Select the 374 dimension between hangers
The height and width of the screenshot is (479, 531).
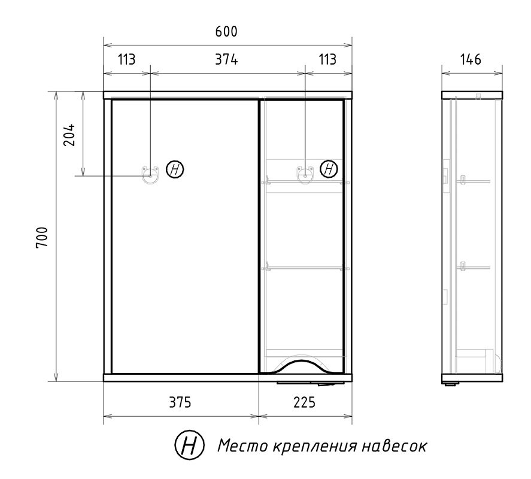(x=227, y=60)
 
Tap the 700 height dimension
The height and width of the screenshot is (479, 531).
(x=42, y=238)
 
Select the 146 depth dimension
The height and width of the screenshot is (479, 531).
(x=471, y=60)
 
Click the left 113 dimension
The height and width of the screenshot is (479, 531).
(x=126, y=60)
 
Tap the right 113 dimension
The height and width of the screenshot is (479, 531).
(x=327, y=60)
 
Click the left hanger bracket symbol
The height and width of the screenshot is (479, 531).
(x=150, y=173)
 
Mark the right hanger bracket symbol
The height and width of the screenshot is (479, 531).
(x=305, y=173)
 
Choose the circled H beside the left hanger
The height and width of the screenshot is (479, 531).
(x=175, y=169)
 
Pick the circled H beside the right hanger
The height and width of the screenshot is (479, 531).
(x=329, y=169)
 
